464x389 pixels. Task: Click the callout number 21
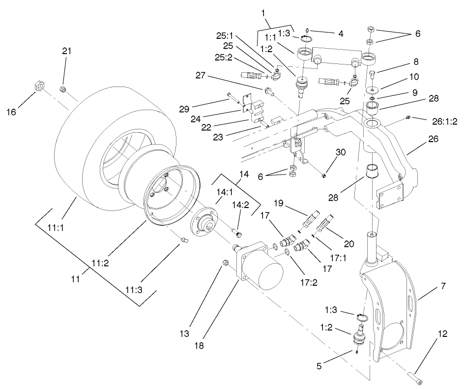click(x=66, y=51)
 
